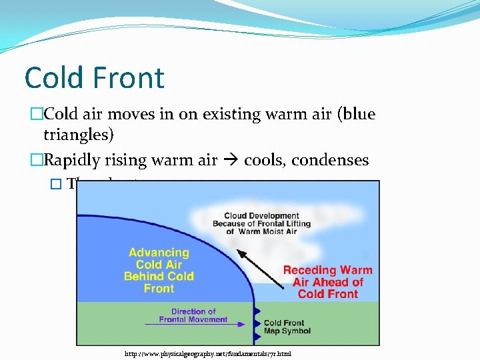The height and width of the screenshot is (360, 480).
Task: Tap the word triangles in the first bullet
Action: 79,135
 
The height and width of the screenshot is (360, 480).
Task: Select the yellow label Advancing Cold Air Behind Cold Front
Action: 159,271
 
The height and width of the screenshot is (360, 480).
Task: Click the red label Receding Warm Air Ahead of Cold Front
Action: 327,282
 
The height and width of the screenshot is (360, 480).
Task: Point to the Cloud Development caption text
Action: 261,223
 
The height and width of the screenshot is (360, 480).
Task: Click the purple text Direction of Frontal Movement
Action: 193,315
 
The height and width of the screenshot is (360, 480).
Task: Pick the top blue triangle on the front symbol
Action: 257,310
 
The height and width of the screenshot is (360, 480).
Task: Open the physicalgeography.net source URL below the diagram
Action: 208,353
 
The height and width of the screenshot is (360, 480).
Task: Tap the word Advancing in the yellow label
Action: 159,253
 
